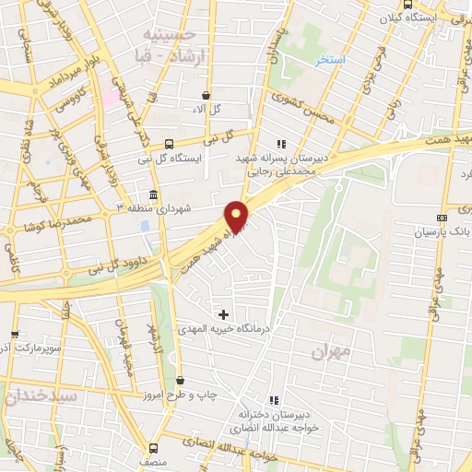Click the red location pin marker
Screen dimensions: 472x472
click(238, 217)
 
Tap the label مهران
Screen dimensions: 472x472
click(333, 351)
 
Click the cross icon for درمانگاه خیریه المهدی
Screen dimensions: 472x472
click(223, 314)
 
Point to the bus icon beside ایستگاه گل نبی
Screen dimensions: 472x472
click(168, 143)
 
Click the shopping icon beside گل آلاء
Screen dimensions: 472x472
click(205, 95)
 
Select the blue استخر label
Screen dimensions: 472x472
click(329, 60)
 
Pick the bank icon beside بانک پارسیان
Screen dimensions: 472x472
click(442, 218)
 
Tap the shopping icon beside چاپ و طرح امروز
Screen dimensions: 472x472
click(180, 380)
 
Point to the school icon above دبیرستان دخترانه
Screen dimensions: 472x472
click(273, 399)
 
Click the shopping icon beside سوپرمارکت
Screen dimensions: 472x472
click(14, 335)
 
